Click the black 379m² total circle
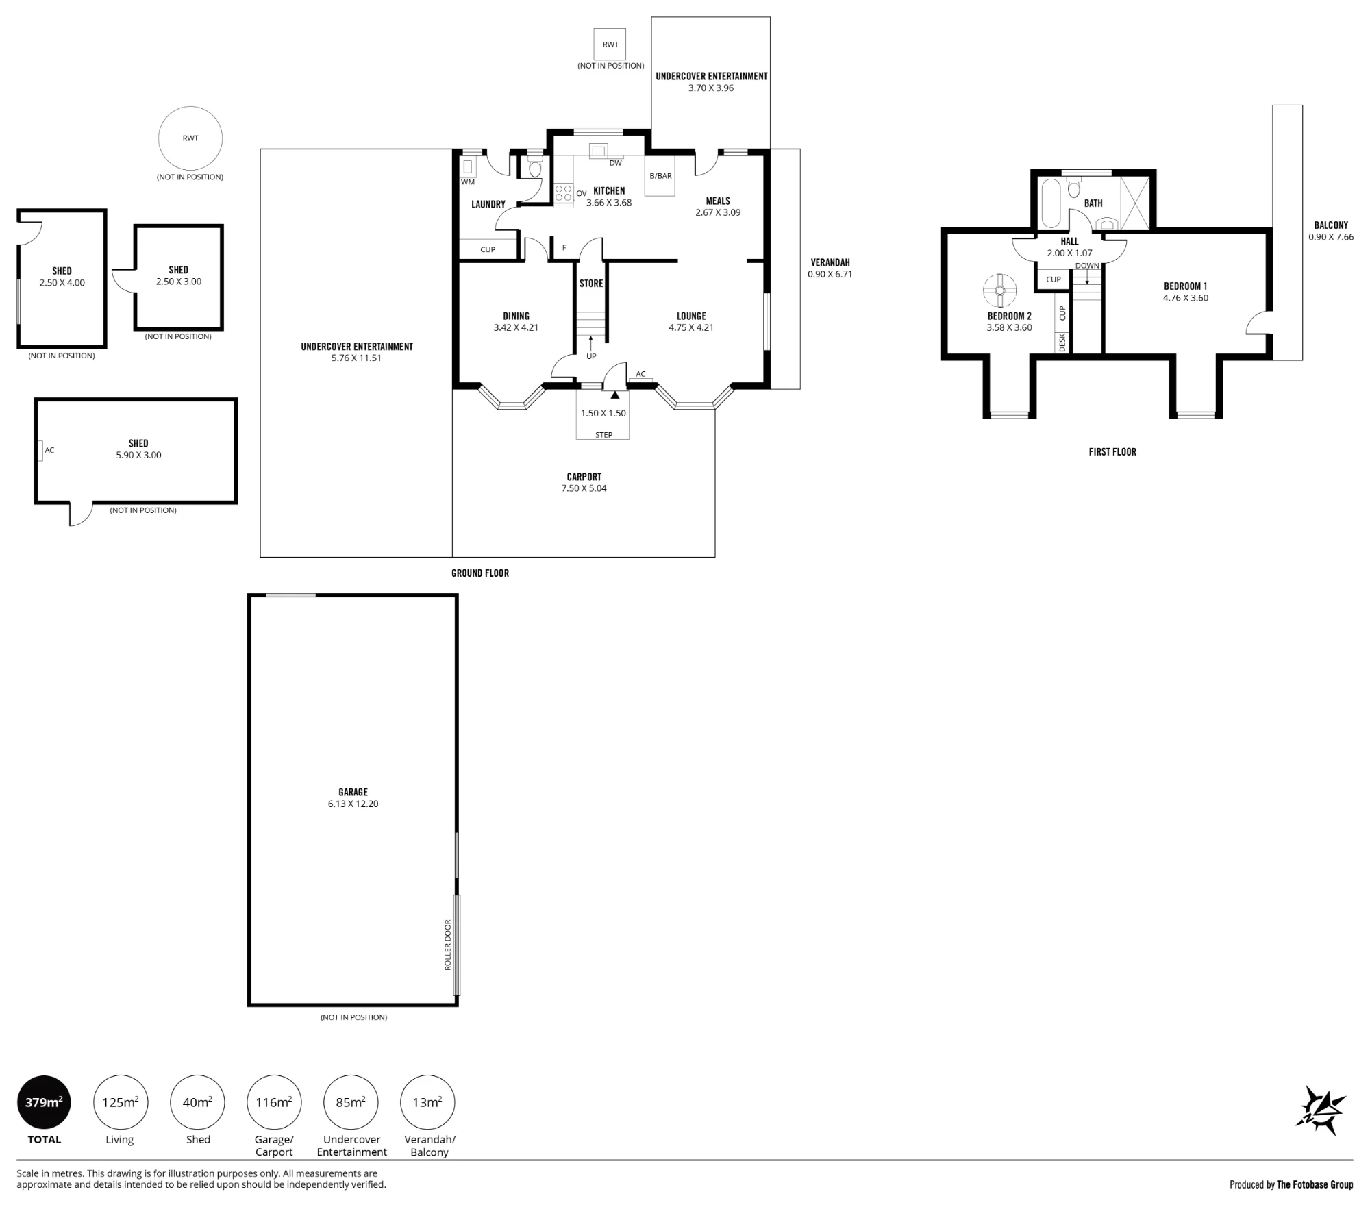pos(44,1102)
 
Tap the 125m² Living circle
pos(121,1102)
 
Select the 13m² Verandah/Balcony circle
pos(427,1102)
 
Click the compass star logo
pos(1320,1110)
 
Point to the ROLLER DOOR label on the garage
pos(448,945)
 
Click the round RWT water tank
pos(190,138)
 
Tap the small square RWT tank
pos(610,45)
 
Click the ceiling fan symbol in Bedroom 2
pos(1000,290)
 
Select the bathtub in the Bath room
pos(1051,203)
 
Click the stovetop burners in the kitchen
pos(564,193)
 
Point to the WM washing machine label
pos(468,182)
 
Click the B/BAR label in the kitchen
pos(661,176)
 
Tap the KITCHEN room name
pos(609,191)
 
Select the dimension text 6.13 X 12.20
pos(353,804)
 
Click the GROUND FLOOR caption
pos(480,573)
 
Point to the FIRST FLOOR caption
pos(1112,452)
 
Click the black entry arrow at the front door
pos(615,395)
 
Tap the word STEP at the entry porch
pos(603,435)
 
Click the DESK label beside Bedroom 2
pos(1063,343)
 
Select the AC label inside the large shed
pos(49,450)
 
